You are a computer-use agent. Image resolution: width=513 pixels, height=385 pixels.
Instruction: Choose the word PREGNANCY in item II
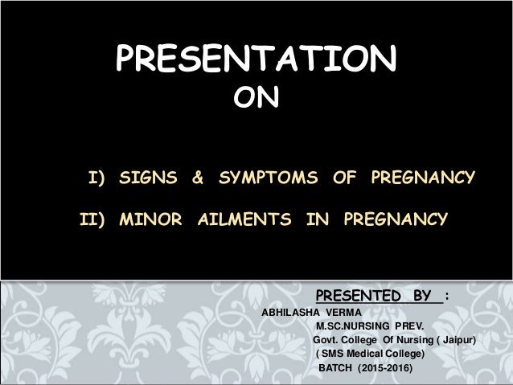[392, 218]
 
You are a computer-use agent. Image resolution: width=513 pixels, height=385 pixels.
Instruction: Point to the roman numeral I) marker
[97, 176]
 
